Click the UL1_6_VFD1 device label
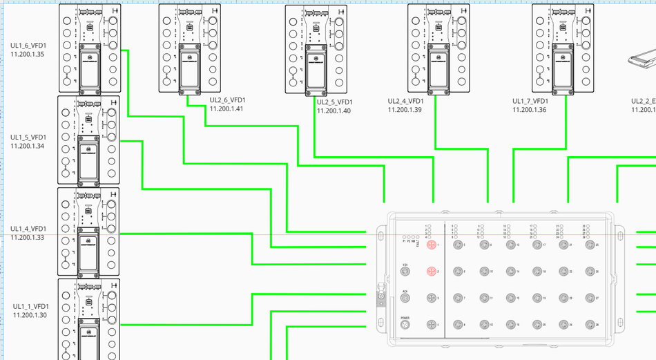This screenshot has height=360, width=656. pos(28,45)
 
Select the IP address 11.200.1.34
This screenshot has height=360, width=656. pos(28,146)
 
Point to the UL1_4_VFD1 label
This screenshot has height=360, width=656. pos(28,229)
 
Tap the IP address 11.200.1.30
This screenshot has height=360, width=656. pos(30,315)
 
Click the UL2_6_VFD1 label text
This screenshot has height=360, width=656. pos(227,100)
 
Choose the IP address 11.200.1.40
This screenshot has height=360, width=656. pos(334,111)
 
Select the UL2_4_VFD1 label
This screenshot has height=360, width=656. pos(405,101)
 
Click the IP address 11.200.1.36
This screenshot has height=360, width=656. pos(529,110)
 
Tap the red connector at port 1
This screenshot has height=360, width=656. pos(431,245)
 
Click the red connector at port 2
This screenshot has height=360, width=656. pos(431,272)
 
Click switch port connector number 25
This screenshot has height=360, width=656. pos(590,245)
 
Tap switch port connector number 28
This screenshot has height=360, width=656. pos(590,325)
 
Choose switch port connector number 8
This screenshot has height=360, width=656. pos(457,325)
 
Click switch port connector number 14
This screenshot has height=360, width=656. pos(510,272)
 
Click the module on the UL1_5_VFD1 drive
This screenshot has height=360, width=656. pos(88,159)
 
